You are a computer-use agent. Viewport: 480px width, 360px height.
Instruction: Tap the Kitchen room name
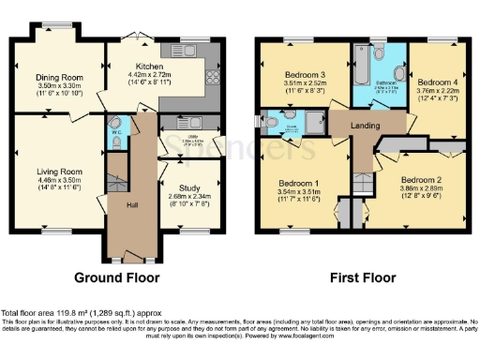(150, 67)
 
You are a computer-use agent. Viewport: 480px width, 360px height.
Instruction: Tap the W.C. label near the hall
(113, 131)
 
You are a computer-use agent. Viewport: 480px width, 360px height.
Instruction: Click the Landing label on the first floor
(366, 124)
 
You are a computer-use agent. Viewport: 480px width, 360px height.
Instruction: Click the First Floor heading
(361, 277)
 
